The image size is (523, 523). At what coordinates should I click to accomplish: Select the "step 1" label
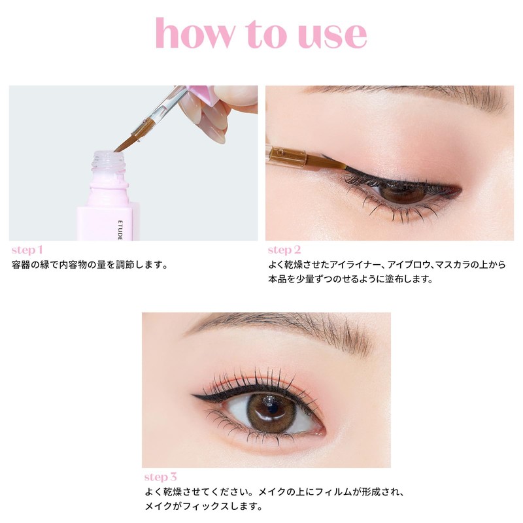27,250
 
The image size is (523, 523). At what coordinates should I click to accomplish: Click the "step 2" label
284,250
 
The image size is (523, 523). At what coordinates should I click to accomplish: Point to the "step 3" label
160,477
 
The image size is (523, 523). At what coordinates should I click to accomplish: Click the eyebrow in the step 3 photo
275,325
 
